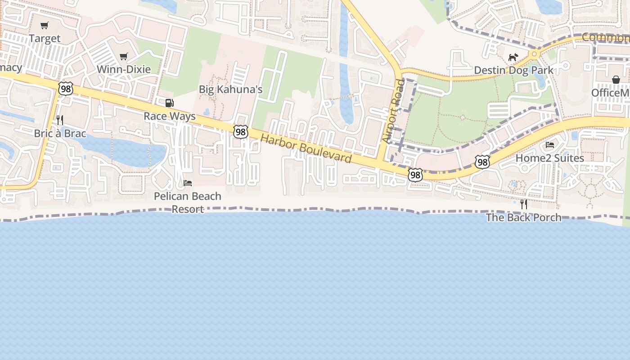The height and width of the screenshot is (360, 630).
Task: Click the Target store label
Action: [45, 38]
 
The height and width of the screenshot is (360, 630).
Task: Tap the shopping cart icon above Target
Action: [44, 26]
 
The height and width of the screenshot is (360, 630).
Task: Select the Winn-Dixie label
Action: [124, 69]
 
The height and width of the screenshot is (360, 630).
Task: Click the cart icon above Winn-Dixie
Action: [124, 57]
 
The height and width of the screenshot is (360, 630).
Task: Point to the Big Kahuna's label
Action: [230, 89]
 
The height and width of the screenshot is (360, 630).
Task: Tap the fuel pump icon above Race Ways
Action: [170, 103]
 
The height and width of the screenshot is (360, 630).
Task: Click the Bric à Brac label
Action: [60, 133]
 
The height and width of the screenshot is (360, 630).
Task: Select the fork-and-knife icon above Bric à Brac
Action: [59, 120]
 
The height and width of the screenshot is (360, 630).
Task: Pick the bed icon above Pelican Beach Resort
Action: [188, 183]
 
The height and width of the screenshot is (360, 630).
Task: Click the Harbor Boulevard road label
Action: [306, 148]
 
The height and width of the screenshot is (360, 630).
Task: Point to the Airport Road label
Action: [393, 111]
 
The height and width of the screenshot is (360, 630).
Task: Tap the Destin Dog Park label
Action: [513, 70]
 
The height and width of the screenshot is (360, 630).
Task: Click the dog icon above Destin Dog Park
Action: [513, 57]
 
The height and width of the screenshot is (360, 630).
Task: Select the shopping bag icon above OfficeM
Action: [616, 80]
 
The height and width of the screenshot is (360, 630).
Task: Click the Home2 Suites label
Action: [549, 158]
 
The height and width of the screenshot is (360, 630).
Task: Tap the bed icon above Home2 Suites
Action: [550, 145]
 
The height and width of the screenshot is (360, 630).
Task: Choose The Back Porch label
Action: [523, 217]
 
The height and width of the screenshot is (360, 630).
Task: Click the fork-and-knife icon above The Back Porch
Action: [523, 204]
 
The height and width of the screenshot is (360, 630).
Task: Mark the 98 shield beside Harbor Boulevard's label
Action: [241, 132]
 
